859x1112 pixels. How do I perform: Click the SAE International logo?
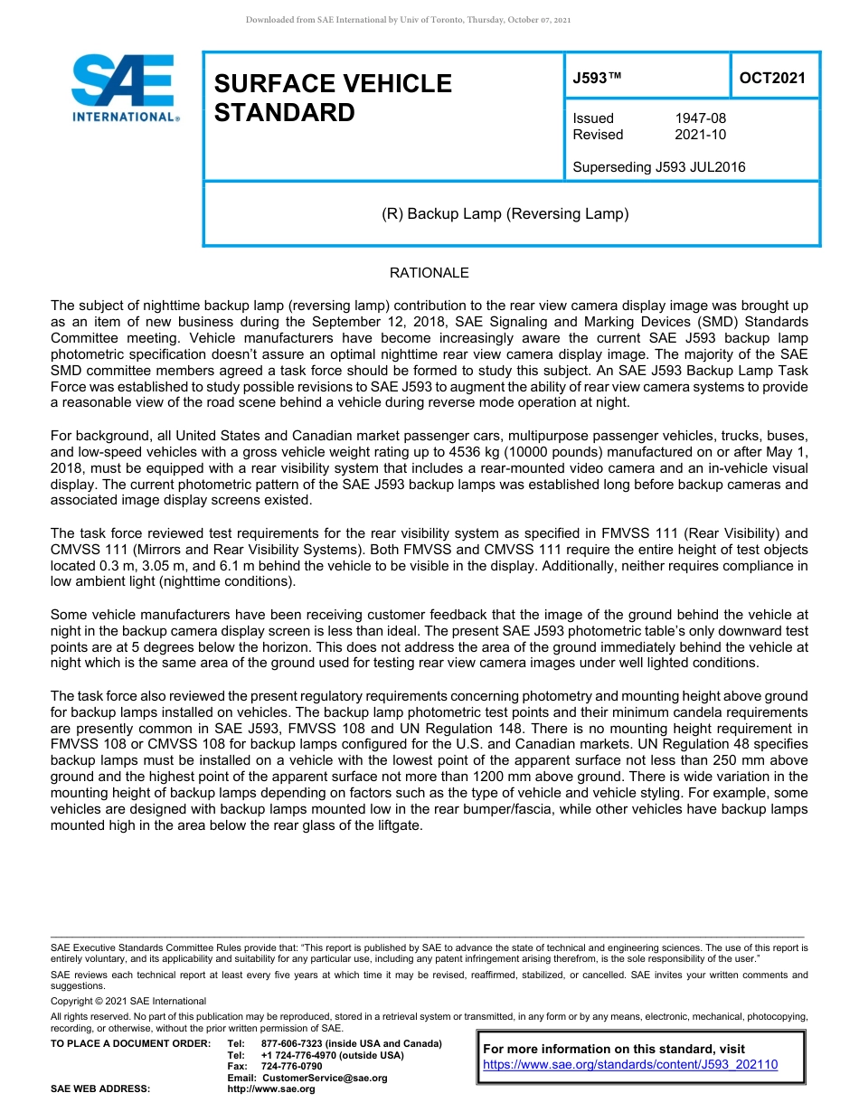click(x=124, y=89)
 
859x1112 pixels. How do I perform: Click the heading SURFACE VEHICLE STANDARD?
click(x=332, y=98)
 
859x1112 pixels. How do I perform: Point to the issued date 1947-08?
click(x=700, y=118)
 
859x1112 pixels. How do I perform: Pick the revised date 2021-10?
click(x=700, y=135)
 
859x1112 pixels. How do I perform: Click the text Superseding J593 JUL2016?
click(x=658, y=166)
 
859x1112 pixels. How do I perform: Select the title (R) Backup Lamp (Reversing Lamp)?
click(x=505, y=214)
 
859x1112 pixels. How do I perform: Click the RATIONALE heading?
click(x=429, y=273)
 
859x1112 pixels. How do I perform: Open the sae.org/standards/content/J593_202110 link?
click(x=630, y=1065)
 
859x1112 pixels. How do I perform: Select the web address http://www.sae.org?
click(x=271, y=1088)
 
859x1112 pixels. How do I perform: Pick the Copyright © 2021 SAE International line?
click(x=128, y=1001)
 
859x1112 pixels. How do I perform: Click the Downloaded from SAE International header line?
click(x=408, y=19)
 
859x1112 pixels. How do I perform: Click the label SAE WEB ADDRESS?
click(x=100, y=1088)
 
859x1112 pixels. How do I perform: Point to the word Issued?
click(x=593, y=118)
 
